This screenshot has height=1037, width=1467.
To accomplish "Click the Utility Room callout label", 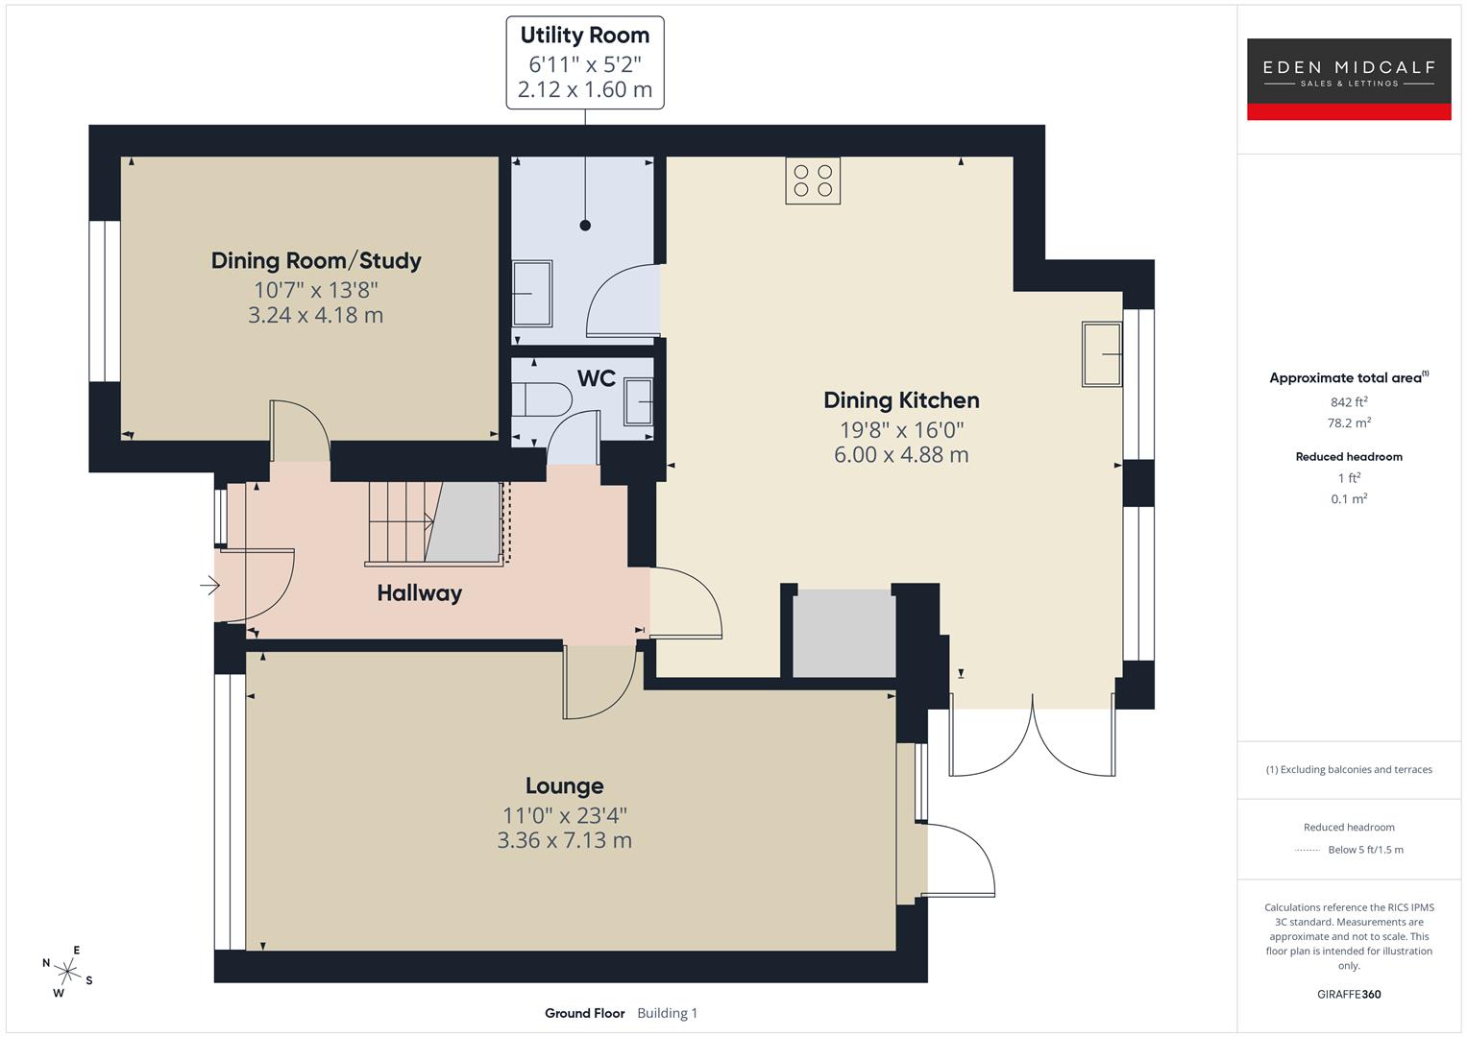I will point(584,62).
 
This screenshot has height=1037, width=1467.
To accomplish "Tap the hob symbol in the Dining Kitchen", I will point(813,181).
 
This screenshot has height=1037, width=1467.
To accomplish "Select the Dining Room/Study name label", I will point(316,260).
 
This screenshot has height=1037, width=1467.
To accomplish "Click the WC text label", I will point(596,378).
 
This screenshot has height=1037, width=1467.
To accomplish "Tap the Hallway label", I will point(419,593).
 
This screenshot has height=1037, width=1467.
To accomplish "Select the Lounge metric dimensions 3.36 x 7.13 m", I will point(564,840).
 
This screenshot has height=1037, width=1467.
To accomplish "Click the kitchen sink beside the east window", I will point(1102,354).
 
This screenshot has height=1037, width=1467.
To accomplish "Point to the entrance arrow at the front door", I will point(209,585).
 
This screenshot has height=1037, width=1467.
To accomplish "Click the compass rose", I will point(66,970).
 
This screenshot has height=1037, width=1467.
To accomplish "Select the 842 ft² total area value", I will point(1349,402).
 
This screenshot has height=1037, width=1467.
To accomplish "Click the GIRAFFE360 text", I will point(1349,995).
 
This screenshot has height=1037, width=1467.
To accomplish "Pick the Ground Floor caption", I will point(584,1013).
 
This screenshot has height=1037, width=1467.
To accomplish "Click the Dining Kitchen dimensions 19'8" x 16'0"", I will point(900,429).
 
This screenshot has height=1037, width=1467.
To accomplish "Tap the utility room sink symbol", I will point(531,293).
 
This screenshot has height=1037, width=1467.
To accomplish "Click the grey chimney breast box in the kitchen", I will point(844,634).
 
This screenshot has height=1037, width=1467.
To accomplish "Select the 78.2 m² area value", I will point(1349,422).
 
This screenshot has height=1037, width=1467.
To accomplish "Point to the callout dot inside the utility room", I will point(585,226).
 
